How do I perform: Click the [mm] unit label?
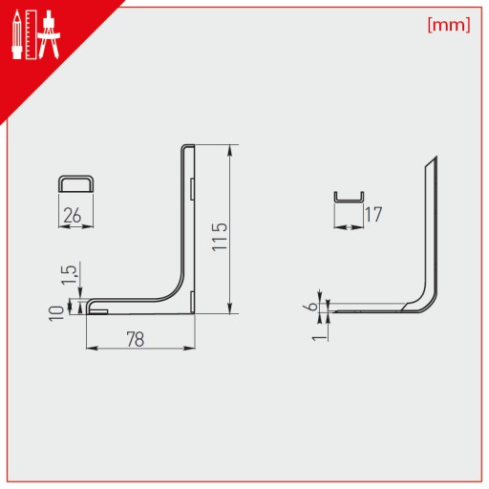pyautogui.click(x=449, y=25)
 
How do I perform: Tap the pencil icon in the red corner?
pyautogui.click(x=17, y=34)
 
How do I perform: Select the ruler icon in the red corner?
pyautogui.click(x=32, y=34)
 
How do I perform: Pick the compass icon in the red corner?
pyautogui.click(x=49, y=34)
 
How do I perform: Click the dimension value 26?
pyautogui.click(x=73, y=216)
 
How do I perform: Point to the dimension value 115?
pyautogui.click(x=220, y=237)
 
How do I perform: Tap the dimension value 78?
pyautogui.click(x=136, y=339)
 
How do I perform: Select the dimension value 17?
pyautogui.click(x=373, y=215)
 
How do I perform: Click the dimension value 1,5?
pyautogui.click(x=69, y=275)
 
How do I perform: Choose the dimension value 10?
pyautogui.click(x=57, y=313)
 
